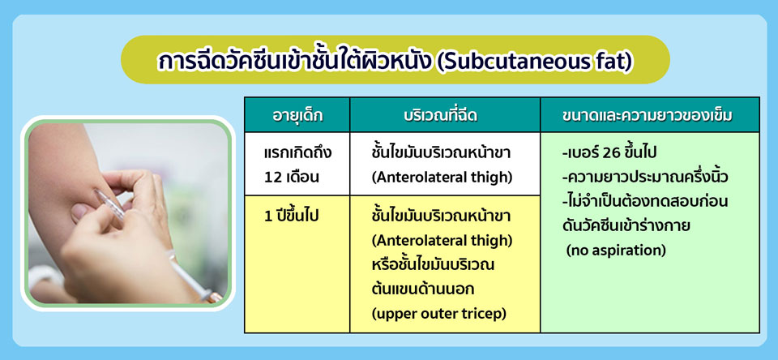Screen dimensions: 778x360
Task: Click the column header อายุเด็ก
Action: coord(297,115)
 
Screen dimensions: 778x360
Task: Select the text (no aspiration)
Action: coord(616,251)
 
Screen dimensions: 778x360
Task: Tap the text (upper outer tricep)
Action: coord(439,315)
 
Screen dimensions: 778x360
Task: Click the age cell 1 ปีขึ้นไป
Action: coord(291,217)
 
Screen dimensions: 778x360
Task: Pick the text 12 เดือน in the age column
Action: coord(292,178)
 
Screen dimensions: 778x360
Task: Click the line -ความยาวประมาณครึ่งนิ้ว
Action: coord(638,178)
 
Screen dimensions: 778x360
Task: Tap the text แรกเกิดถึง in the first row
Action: coord(297,153)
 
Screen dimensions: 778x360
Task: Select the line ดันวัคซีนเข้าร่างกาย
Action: coord(626,226)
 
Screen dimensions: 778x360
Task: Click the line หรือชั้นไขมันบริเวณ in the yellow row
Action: coord(433,265)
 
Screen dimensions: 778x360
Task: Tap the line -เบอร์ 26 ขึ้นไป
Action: coord(609,153)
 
